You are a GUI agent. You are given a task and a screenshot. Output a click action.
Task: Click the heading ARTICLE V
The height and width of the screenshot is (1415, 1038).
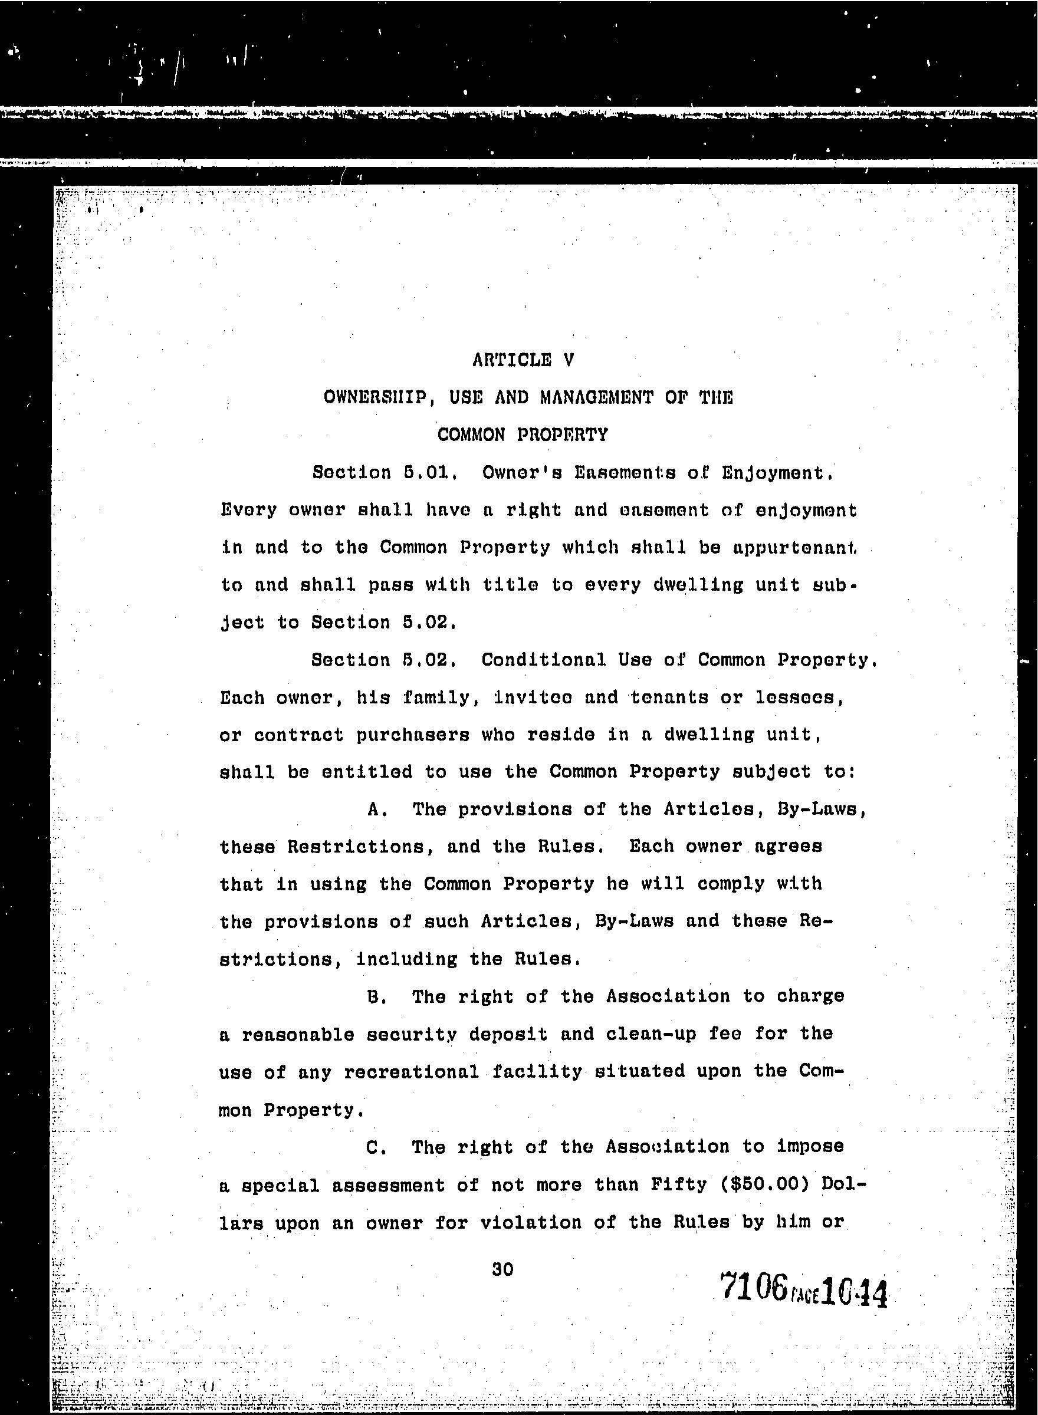point(523,360)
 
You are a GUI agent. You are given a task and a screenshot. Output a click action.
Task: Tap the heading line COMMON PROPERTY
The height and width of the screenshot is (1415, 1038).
point(522,435)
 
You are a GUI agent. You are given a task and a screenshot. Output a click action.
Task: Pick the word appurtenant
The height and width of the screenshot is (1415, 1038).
point(794,548)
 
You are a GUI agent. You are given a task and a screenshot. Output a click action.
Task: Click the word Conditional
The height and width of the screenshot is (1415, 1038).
point(544,660)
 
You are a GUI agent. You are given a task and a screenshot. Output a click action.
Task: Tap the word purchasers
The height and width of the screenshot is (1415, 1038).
point(413,735)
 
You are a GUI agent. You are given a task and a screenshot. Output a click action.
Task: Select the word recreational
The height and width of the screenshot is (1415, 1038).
point(412,1072)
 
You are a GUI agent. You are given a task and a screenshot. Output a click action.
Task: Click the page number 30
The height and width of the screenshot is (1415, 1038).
point(502,1269)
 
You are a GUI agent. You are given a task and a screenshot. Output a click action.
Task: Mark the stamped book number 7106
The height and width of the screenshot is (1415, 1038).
point(754,1286)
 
